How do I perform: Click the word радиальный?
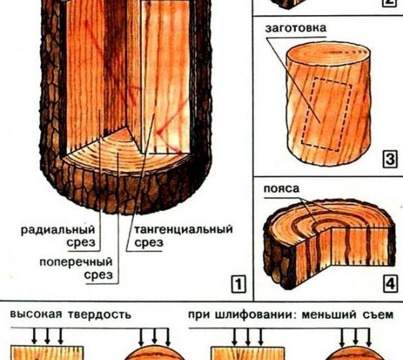pyautogui.click(x=58, y=230)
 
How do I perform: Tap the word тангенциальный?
pyautogui.click(x=184, y=230)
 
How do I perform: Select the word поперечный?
pyautogui.click(x=76, y=262)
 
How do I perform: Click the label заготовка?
pyautogui.click(x=296, y=28)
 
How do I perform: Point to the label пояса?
pyautogui.click(x=281, y=189)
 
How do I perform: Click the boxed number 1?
pyautogui.click(x=238, y=284)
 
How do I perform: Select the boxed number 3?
pyautogui.click(x=390, y=159)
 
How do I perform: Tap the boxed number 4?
pyautogui.click(x=390, y=284)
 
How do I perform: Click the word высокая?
pyautogui.click(x=36, y=314)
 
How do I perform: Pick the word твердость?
pyautogui.click(x=100, y=315)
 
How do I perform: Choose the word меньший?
pyautogui.click(x=330, y=315)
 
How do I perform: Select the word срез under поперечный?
pyautogui.click(x=99, y=275)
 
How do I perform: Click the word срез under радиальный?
pyautogui.click(x=81, y=243)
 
